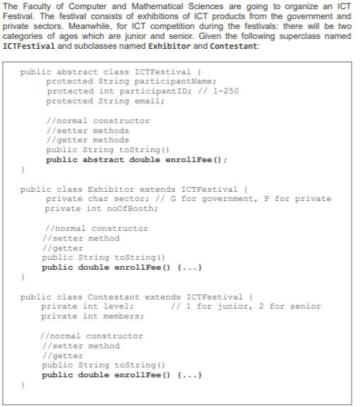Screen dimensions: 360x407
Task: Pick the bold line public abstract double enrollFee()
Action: pos(136,160)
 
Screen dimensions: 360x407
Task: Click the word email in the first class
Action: pos(146,101)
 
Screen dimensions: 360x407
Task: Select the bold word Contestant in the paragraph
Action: pos(234,46)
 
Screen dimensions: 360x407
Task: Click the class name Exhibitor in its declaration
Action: pos(108,190)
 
